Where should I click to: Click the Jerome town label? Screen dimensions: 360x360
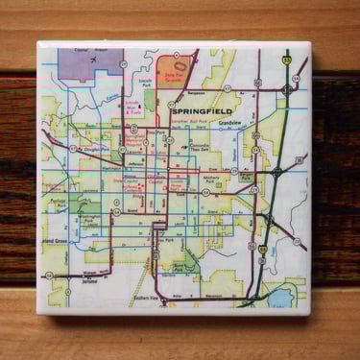coord(94,284)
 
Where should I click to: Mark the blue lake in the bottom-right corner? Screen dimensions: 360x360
coord(284,297)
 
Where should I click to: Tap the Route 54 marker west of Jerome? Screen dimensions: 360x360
coord(50,275)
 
